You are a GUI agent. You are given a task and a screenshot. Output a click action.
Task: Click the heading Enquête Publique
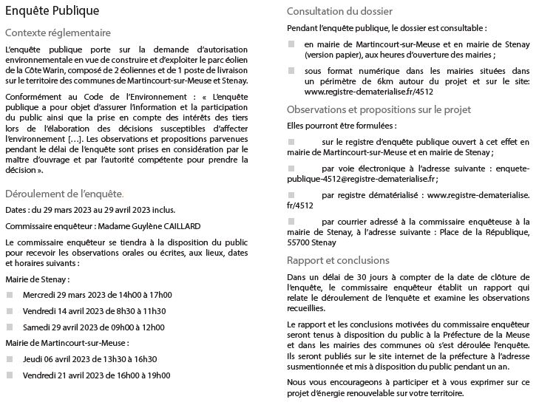[52, 12]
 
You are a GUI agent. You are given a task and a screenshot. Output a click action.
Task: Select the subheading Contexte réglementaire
[58, 33]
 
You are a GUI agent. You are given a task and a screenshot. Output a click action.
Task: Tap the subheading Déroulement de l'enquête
[64, 194]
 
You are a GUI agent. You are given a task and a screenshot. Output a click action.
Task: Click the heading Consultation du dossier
[339, 12]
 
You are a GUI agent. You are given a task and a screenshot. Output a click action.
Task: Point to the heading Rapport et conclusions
[337, 260]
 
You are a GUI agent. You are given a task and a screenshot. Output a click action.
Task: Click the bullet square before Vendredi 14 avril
[10, 311]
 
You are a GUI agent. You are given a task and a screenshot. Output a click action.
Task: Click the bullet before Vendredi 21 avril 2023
[10, 375]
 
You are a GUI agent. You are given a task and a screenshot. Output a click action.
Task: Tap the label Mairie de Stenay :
[37, 279]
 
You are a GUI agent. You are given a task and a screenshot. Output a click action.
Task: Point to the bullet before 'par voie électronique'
[291, 169]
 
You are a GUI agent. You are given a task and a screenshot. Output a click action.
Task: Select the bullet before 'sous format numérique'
[291, 70]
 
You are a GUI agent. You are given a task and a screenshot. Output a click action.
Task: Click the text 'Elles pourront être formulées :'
[329, 126]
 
